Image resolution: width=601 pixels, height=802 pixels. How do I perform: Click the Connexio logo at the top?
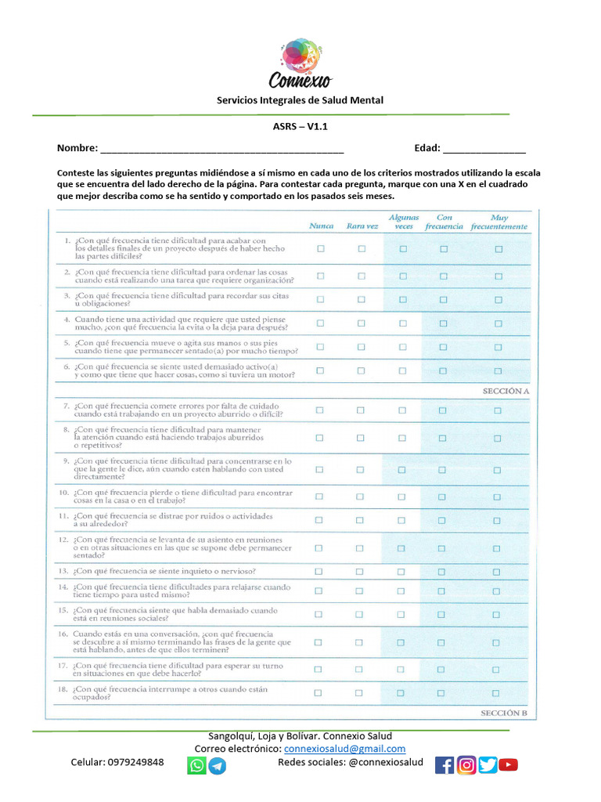point(300,64)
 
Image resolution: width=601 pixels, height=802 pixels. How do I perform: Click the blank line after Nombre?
point(221,149)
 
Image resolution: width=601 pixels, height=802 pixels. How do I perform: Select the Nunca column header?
point(321,226)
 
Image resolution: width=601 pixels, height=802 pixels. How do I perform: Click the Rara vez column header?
point(362,226)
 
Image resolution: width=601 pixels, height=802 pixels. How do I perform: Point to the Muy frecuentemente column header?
point(498,222)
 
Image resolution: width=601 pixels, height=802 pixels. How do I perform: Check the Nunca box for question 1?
point(320,249)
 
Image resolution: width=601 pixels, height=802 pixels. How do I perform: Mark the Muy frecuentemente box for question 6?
point(498,370)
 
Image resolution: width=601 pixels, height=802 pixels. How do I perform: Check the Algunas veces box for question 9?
point(401,470)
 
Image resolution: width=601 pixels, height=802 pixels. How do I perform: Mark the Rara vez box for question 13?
point(359,572)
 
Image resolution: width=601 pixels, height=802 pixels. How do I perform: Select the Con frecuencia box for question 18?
point(441,692)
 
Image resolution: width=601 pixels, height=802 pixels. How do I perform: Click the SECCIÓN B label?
point(502,713)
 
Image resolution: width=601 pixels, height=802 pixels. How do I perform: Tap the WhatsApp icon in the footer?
point(196,765)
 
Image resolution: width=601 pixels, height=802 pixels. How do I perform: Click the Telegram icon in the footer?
point(218,765)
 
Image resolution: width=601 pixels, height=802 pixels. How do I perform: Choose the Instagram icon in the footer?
point(466,765)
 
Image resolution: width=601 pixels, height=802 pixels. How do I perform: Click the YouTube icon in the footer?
point(509,765)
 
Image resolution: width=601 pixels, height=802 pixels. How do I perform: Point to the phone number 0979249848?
point(135,763)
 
